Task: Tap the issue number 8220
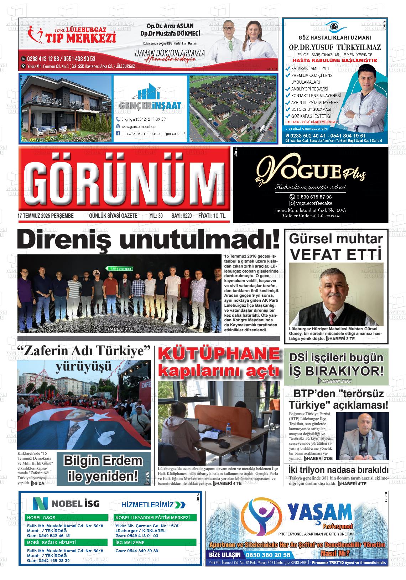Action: (x=187, y=216)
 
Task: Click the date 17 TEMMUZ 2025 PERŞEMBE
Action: (x=45, y=216)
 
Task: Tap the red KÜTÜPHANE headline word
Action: (x=219, y=354)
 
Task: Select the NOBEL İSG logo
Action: (x=66, y=503)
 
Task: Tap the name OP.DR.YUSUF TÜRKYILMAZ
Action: (x=334, y=47)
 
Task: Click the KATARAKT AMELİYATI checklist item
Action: (x=310, y=68)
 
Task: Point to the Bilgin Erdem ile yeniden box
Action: (x=103, y=468)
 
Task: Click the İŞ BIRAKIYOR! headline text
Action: (x=336, y=371)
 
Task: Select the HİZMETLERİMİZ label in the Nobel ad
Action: (x=153, y=504)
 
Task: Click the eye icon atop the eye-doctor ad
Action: (x=334, y=26)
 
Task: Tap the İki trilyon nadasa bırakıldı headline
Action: (x=338, y=470)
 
